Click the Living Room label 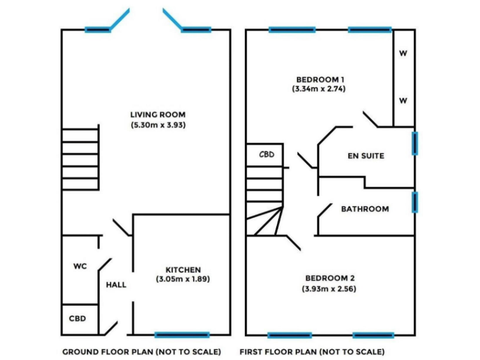pos(157,114)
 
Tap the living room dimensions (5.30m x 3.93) pos(158,125)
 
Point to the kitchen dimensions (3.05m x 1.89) pos(182,279)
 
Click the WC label pos(80,266)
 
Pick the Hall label pos(116,285)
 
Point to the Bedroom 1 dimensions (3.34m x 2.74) pos(319,89)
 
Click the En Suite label pos(366,156)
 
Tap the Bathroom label pos(365,209)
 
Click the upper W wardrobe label pos(403,53)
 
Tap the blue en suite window pos(415,142)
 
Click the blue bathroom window pos(415,201)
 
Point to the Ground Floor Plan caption pos(141,352)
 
